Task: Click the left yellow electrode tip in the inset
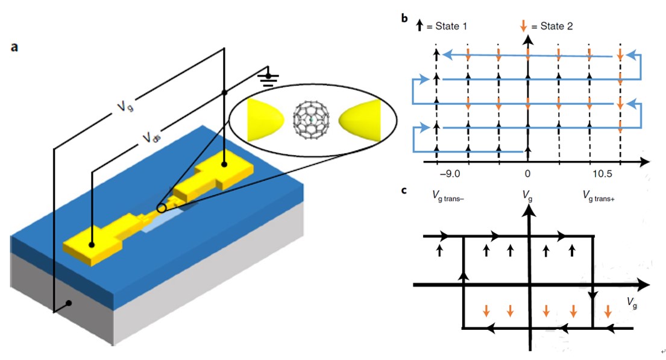(266, 117)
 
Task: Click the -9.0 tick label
(449, 174)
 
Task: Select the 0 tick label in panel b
(527, 174)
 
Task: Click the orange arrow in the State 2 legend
(523, 26)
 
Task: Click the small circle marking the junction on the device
(161, 208)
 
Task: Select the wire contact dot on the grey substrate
(69, 303)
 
